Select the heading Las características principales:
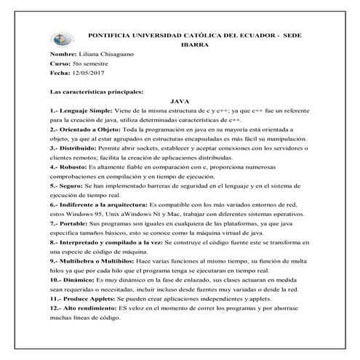point(96,92)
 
